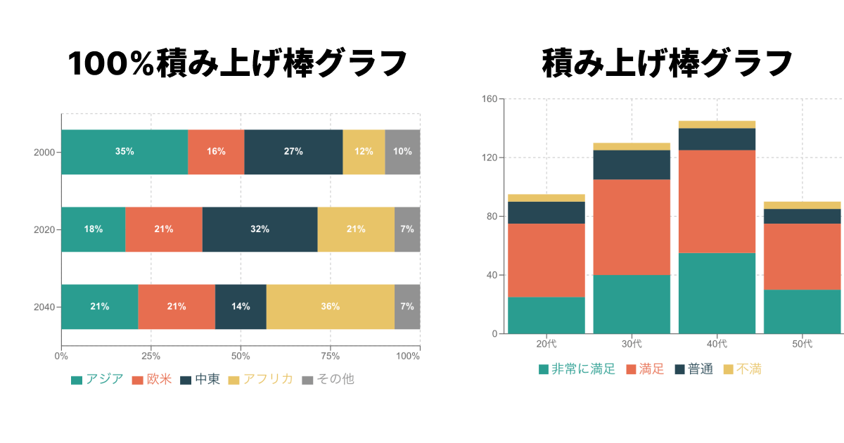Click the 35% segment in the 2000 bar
point(124,152)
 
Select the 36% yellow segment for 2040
point(330,307)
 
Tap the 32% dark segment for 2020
point(260,229)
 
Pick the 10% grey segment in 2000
point(402,152)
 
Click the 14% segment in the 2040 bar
point(241,307)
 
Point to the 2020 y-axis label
point(44,229)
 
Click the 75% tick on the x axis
point(331,356)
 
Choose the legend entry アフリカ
point(260,380)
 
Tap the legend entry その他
point(328,380)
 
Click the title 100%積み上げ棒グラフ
point(237,64)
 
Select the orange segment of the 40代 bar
point(717,201)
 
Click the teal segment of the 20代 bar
point(546,315)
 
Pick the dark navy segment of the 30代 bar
point(632,165)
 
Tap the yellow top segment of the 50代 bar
point(802,205)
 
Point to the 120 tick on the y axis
point(490,158)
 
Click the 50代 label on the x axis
point(802,344)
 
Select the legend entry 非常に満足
point(576,369)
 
